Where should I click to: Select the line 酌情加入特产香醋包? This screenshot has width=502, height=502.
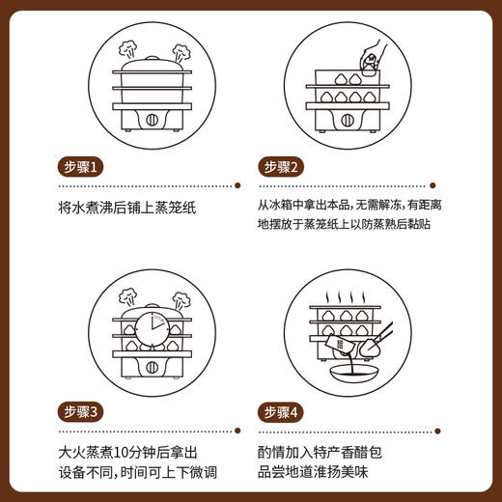(325, 451)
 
